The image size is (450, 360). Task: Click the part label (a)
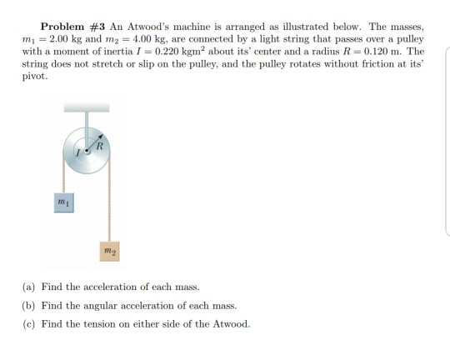(x=29, y=286)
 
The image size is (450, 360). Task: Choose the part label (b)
(x=29, y=305)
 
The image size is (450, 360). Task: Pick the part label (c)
(x=29, y=323)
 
